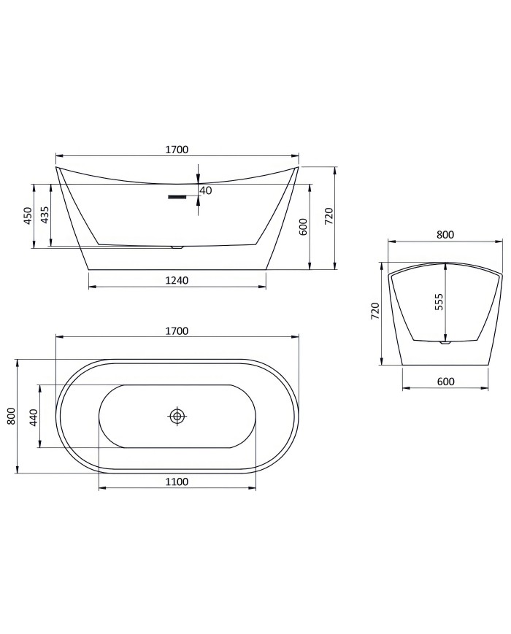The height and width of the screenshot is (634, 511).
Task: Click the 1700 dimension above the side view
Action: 177,150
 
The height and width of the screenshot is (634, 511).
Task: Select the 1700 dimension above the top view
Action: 177,330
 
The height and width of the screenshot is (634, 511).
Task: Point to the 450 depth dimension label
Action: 28,215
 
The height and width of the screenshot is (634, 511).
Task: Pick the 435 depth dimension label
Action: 45,215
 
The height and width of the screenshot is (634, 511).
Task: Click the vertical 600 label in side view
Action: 303,226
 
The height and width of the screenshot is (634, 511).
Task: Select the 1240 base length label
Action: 177,281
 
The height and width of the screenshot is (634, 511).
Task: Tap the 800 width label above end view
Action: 445,235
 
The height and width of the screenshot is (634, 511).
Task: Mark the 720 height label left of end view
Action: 375,312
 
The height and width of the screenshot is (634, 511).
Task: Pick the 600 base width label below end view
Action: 445,382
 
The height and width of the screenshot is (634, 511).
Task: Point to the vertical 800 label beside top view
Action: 11,416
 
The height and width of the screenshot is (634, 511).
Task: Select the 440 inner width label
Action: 33,417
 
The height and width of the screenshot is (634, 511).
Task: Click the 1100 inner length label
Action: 177,482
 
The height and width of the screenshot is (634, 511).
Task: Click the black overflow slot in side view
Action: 178,196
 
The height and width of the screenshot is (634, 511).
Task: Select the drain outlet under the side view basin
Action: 176,247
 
